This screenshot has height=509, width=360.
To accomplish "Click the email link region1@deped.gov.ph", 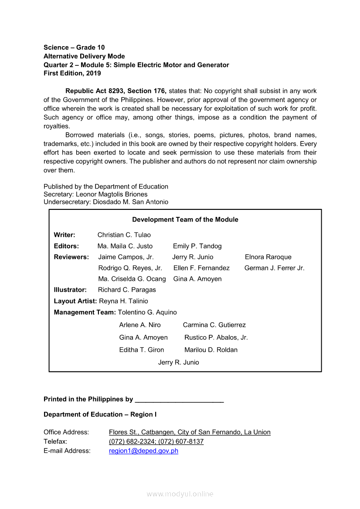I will point(143,451).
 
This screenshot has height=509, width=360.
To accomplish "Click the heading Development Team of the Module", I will point(185,220).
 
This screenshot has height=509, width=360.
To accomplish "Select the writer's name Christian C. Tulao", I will point(124,235).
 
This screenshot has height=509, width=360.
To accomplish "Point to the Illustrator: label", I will point(70,290).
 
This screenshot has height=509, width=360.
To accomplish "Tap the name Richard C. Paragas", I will point(127,290).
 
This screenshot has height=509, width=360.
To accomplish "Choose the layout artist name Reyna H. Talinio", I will point(124,301).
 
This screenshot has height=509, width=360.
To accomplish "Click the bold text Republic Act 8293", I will point(93,91).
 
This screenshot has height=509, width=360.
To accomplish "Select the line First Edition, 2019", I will point(72,74).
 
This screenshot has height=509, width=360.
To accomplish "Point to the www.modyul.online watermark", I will point(180,494).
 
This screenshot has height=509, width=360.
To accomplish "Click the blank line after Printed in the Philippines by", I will point(180,400).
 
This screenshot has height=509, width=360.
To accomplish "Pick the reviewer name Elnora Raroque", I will point(268,257).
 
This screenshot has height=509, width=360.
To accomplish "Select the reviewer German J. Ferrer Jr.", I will point(275,268).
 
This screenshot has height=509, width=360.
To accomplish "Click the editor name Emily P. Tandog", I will point(197,246).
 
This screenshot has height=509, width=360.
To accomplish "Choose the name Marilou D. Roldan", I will point(211,350).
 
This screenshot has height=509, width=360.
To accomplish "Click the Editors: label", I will point(66,246).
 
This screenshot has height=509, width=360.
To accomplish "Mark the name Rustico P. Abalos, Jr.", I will point(216,338).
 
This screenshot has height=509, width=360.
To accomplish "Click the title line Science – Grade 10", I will point(74,47).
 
